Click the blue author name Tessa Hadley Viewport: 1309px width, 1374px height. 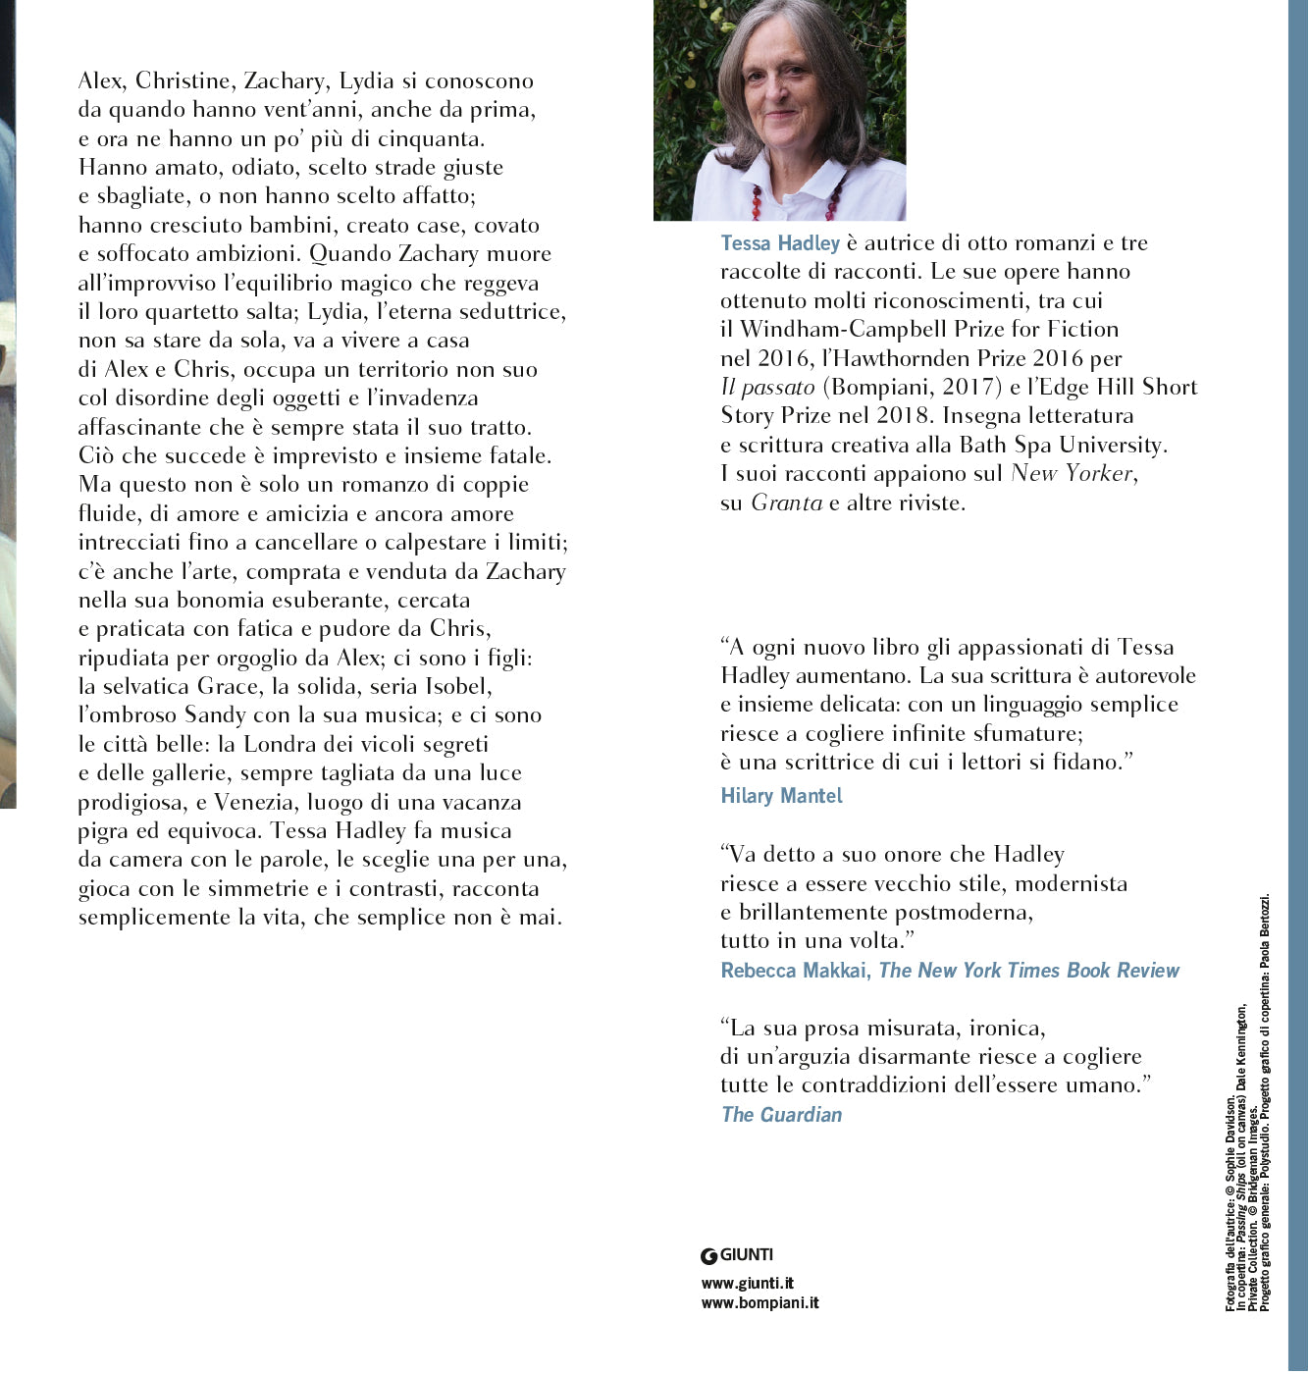[780, 243]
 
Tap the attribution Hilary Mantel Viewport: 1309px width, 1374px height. [781, 796]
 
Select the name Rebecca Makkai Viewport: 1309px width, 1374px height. [794, 971]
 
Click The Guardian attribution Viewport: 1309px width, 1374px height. [781, 1115]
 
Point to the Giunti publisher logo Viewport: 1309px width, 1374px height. [737, 1255]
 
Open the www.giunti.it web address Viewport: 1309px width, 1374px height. [747, 1283]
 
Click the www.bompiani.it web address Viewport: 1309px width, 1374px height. [759, 1303]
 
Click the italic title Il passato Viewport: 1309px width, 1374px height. [767, 388]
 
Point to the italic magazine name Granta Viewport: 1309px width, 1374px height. [786, 503]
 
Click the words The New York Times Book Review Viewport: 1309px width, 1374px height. [1028, 971]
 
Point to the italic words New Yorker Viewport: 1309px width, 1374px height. [1072, 474]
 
